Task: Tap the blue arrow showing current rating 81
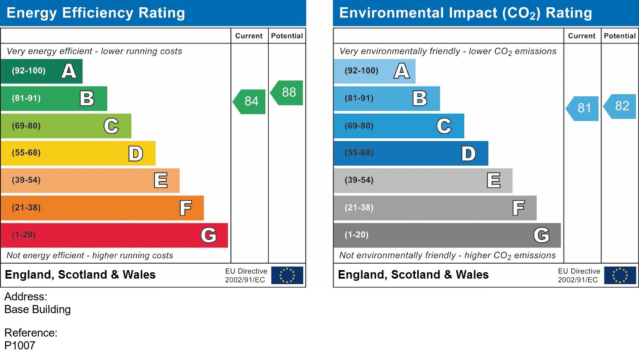click(x=583, y=108)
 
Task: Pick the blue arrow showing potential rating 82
click(x=621, y=106)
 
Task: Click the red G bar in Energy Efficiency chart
click(x=114, y=235)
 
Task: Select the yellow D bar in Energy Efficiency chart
click(x=78, y=153)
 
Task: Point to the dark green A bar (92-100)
click(x=41, y=71)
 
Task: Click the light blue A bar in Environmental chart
click(x=374, y=71)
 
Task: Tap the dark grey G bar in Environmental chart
click(x=447, y=235)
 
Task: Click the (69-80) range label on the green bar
click(x=26, y=126)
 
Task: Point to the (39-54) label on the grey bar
click(x=359, y=180)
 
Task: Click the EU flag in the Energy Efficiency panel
click(x=287, y=275)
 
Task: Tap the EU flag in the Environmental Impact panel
click(x=620, y=275)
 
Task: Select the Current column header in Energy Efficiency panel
click(x=249, y=36)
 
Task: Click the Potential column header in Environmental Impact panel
click(x=619, y=36)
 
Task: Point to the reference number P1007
click(x=20, y=346)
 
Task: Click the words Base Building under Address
click(x=37, y=309)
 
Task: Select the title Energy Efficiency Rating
click(x=96, y=13)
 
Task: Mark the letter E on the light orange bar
click(x=161, y=181)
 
